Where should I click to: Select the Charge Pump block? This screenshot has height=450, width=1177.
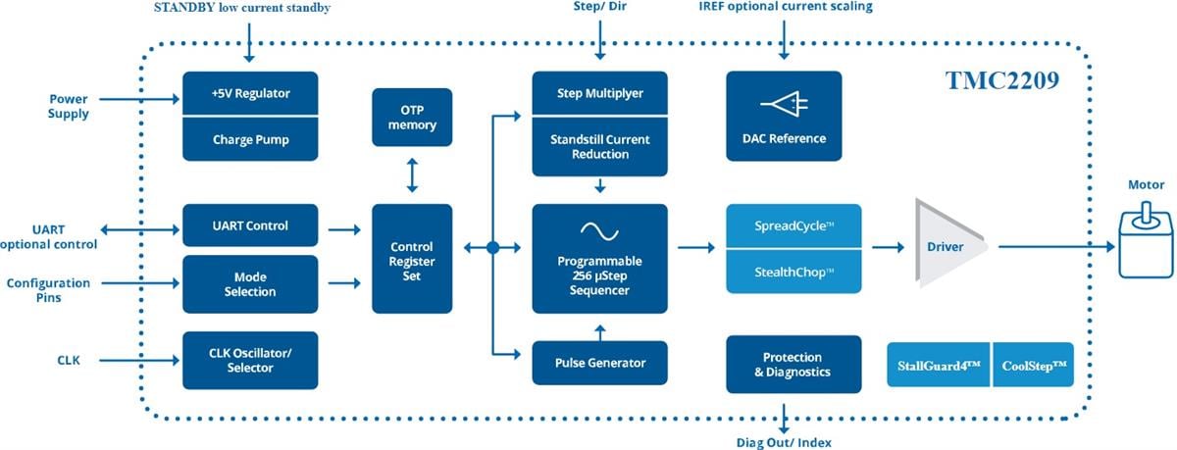coord(250,138)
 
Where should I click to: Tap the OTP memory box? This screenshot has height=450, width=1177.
coord(412,117)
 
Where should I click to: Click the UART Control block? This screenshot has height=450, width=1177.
coord(250,225)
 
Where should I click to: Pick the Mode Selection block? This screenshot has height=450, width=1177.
coord(250,284)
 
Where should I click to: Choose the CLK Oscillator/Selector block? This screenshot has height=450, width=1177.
coord(250,360)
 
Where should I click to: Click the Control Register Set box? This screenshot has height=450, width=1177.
coord(412,259)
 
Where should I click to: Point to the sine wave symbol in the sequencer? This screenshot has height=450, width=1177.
coord(599,230)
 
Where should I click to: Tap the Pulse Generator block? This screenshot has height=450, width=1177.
coord(599,363)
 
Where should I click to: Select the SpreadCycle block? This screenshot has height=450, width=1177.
coord(793,225)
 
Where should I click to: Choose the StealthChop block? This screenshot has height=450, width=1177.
coord(793,271)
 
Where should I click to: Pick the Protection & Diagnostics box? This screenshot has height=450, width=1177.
coord(793,364)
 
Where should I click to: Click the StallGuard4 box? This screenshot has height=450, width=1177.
coord(939,365)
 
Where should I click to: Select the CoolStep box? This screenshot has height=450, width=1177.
coord(1034,365)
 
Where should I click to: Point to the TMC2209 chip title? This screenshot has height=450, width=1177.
coord(1001,81)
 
